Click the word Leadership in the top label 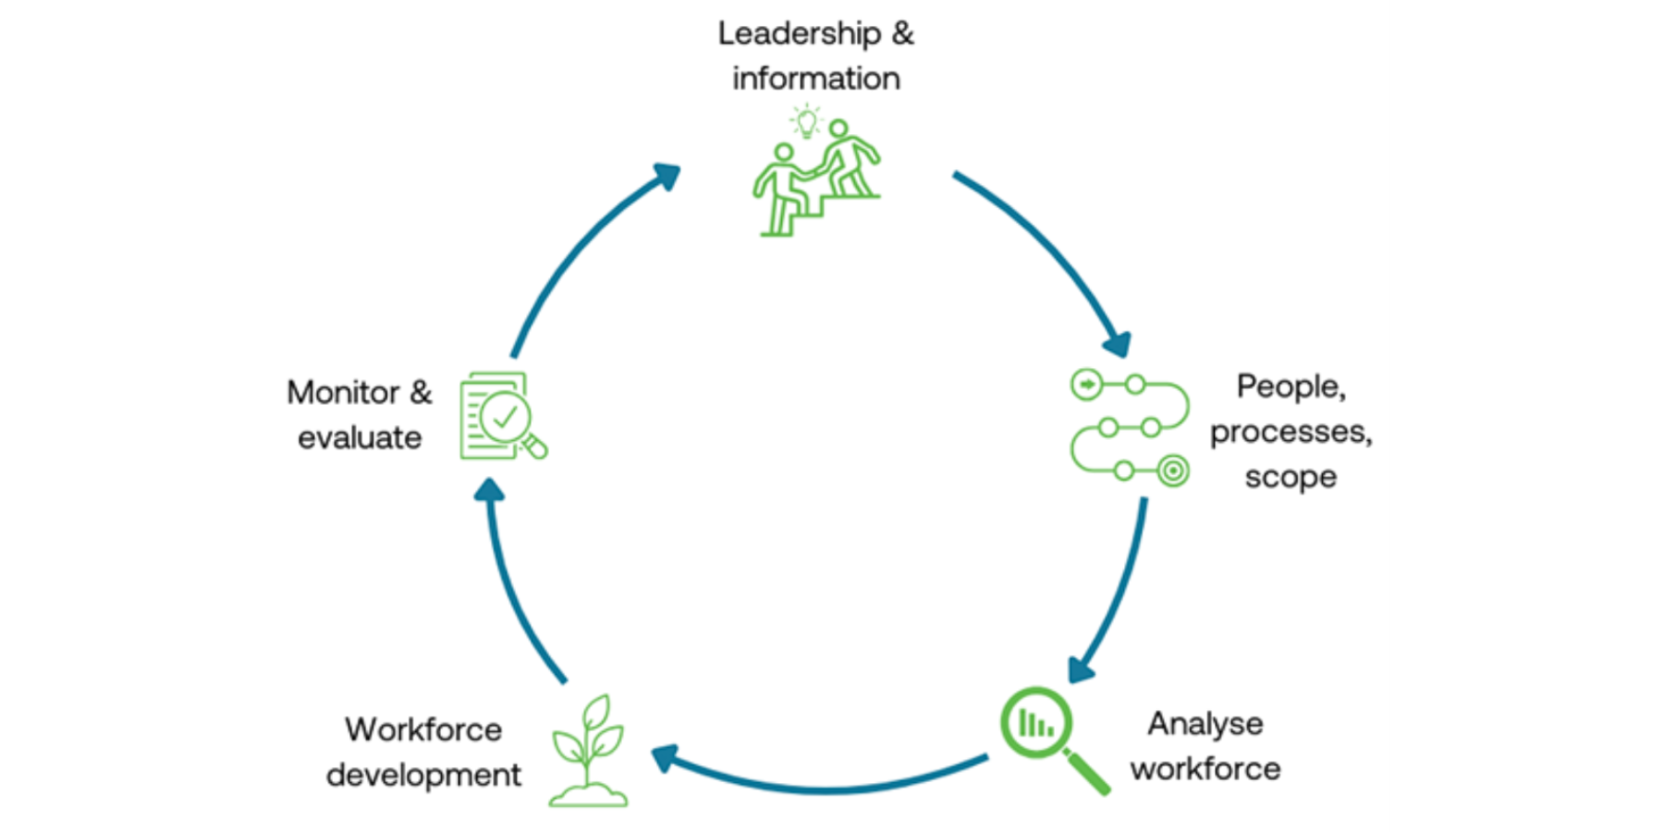coord(800,34)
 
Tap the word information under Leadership coord(815,79)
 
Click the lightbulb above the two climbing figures coord(806,120)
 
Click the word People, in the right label coord(1291,386)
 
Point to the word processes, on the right coord(1291,432)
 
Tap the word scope coord(1291,477)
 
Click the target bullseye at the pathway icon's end coord(1172,471)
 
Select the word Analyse coord(1205,724)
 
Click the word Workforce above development coord(423,729)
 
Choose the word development coord(423,775)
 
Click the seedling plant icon coord(589,751)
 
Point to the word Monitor coord(343,393)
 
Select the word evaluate coord(360,437)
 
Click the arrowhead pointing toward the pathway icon coord(1117,344)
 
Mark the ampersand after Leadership coord(902,34)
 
